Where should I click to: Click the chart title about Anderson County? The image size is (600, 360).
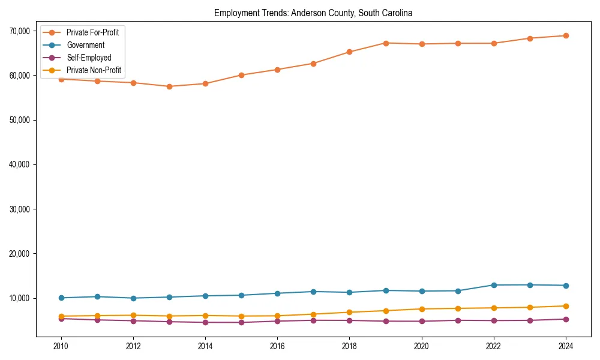tap(313, 13)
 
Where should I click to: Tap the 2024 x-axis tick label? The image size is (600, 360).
tap(565, 346)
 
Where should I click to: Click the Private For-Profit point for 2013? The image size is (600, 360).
tap(169, 86)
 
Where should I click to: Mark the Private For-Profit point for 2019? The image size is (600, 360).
tap(385, 43)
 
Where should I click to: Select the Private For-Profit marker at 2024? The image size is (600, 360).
tap(565, 35)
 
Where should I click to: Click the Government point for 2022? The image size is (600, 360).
tap(493, 285)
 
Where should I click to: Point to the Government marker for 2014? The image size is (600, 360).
tap(205, 296)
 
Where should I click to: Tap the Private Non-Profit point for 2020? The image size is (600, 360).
tap(421, 309)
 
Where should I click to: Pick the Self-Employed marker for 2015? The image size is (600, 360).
tap(241, 322)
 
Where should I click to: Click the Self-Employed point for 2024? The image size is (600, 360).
tap(565, 319)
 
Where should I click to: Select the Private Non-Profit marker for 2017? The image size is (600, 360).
tap(313, 314)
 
